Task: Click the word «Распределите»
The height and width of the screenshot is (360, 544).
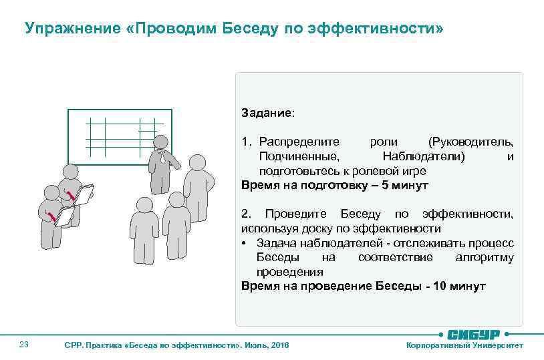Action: coord(299,142)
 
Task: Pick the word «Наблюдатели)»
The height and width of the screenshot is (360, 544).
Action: coord(424,157)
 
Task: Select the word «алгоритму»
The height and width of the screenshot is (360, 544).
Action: coord(484,257)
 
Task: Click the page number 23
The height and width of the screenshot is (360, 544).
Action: coord(24,345)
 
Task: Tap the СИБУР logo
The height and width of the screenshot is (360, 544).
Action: coord(476,334)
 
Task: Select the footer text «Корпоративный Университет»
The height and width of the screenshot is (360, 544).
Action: coord(464,345)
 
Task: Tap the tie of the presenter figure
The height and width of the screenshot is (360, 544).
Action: coord(161,158)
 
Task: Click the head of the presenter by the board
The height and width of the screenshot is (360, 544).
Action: coord(160,142)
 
